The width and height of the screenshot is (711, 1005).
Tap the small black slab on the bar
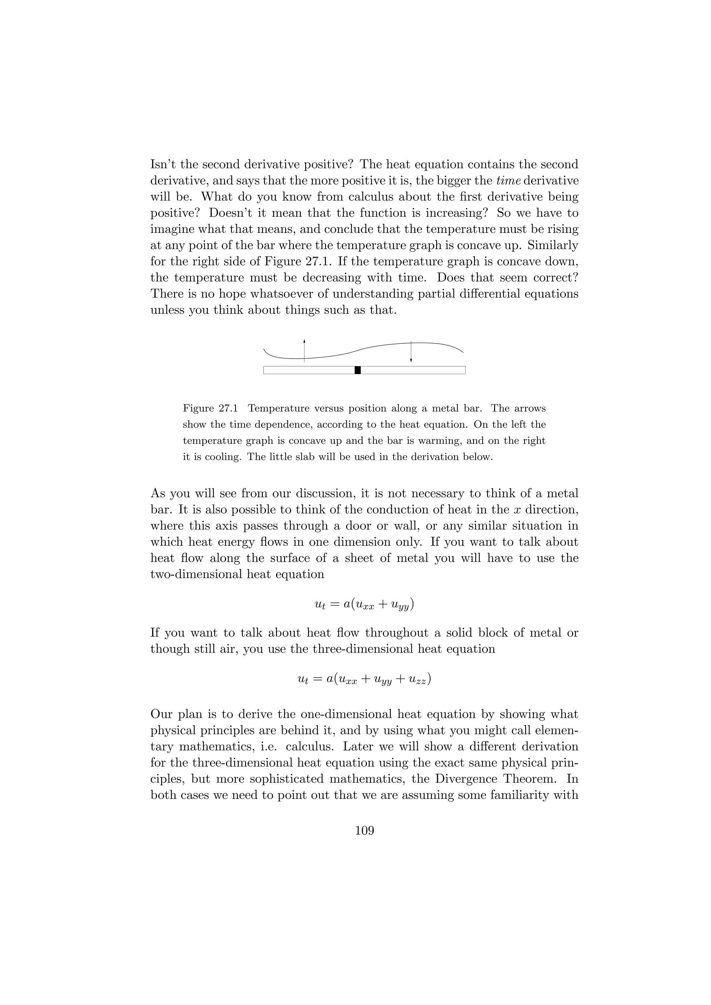pyautogui.click(x=358, y=370)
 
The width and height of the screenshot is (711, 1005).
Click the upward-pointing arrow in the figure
pyautogui.click(x=304, y=350)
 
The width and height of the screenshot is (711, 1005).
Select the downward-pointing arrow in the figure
pyautogui.click(x=411, y=352)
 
